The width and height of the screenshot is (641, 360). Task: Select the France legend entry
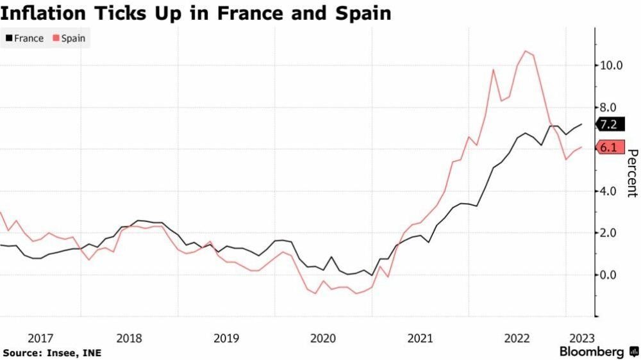pyautogui.click(x=24, y=38)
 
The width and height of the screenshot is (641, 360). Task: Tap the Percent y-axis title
pyautogui.click(x=631, y=173)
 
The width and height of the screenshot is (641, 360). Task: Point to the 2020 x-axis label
pyautogui.click(x=322, y=338)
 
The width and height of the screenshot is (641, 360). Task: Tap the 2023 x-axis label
pyautogui.click(x=581, y=338)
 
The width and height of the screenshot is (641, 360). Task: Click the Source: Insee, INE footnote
pyautogui.click(x=52, y=352)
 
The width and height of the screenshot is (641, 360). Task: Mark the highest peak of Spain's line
pyautogui.click(x=526, y=51)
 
